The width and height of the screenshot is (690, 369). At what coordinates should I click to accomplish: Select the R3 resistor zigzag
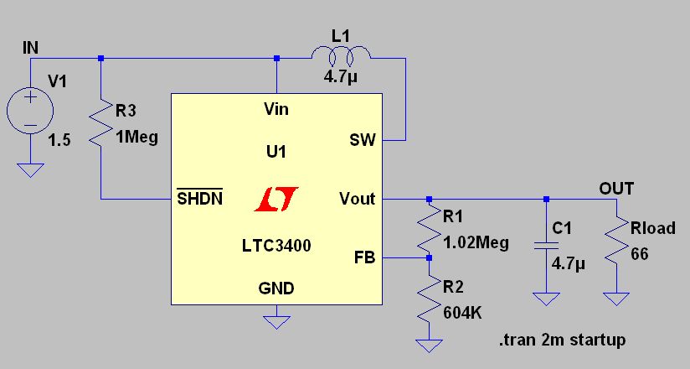pyautogui.click(x=100, y=123)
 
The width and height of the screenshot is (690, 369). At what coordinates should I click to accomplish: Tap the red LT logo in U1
pyautogui.click(x=276, y=199)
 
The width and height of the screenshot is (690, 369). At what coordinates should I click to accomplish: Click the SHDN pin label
pyautogui.click(x=200, y=198)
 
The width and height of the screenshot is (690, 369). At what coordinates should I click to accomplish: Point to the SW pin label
pyautogui.click(x=363, y=140)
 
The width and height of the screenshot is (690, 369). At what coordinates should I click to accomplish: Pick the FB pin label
pyautogui.click(x=364, y=257)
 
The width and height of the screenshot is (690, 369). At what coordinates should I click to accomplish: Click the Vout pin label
pyautogui.click(x=357, y=199)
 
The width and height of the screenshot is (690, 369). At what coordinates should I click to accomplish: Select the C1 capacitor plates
pyautogui.click(x=546, y=246)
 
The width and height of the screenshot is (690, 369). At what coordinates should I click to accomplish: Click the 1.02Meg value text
pyautogui.click(x=476, y=243)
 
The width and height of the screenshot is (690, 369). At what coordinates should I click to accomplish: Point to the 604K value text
pyautogui.click(x=462, y=313)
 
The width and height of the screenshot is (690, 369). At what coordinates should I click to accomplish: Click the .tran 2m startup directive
pyautogui.click(x=563, y=340)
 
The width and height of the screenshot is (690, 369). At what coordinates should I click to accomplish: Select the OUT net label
pyautogui.click(x=616, y=189)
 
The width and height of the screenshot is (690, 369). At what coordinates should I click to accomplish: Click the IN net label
pyautogui.click(x=30, y=48)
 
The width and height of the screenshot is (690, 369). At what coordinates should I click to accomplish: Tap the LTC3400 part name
pyautogui.click(x=276, y=245)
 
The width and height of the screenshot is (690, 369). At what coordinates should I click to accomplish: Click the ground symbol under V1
pyautogui.click(x=30, y=170)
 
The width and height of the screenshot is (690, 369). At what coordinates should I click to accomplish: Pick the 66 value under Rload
pyautogui.click(x=640, y=254)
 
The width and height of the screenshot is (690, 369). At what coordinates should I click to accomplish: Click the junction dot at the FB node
pyautogui.click(x=429, y=257)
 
